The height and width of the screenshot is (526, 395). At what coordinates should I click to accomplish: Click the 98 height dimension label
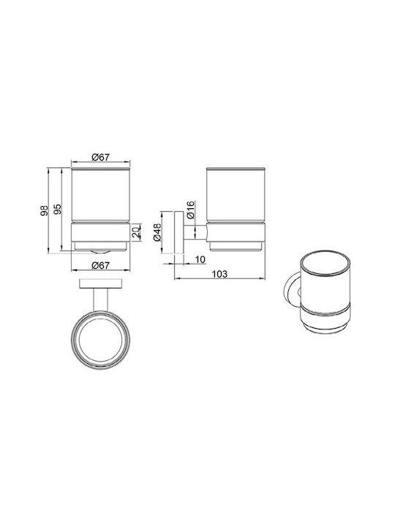pyautogui.click(x=45, y=210)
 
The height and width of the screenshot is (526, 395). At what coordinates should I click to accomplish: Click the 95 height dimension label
pyautogui.click(x=58, y=209)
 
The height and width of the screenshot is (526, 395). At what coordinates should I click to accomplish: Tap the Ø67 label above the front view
pyautogui.click(x=100, y=156)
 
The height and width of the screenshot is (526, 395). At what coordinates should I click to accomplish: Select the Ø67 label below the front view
pyautogui.click(x=100, y=265)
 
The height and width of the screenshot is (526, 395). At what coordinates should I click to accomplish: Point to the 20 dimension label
pyautogui.click(x=136, y=232)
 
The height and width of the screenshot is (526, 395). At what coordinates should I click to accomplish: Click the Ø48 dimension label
pyautogui.click(x=157, y=232)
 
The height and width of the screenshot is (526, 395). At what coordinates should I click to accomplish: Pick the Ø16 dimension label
pyautogui.click(x=190, y=210)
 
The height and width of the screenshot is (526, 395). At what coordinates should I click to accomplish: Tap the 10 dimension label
pyautogui.click(x=200, y=259)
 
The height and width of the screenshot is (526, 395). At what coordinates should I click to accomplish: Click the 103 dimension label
pyautogui.click(x=219, y=274)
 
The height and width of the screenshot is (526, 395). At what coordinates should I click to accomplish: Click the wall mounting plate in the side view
pyautogui.click(x=179, y=233)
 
